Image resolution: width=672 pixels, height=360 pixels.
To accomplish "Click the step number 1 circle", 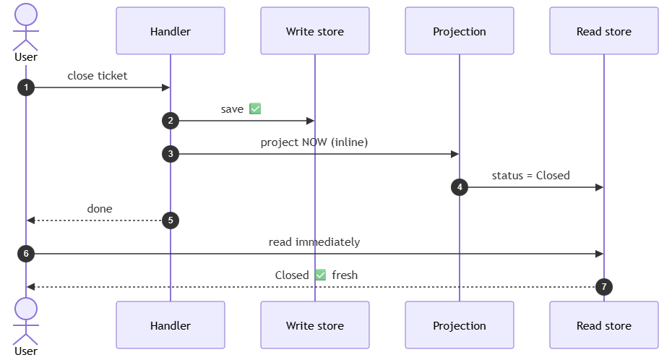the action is coord(26,87).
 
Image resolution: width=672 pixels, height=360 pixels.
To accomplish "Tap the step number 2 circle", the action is coord(171,121).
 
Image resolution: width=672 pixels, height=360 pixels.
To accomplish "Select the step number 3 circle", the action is coord(171,154).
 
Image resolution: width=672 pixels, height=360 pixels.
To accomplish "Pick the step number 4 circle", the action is coord(460,187).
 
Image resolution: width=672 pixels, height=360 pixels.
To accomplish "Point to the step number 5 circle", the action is coord(171,220).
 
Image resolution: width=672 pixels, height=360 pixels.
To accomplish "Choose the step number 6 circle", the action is coord(26,254).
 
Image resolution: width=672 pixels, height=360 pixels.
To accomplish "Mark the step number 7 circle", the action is coord(604,287).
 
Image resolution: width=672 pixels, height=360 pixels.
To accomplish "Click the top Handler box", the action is coord(171,31).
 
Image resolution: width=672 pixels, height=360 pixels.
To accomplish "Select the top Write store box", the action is coord(315,31).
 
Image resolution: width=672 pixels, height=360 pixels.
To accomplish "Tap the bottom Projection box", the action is coord(460,325).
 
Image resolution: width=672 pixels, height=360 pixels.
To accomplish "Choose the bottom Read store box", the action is coord(604,325).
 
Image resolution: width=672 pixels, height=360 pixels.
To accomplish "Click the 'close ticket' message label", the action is coord(98,76).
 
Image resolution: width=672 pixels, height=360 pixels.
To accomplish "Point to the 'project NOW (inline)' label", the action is coord(314,142).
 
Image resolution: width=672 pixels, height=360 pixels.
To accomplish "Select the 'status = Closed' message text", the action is coord(530,175).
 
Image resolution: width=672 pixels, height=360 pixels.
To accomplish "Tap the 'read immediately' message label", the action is coord(314,242).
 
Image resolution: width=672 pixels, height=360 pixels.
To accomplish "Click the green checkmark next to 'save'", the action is coord(255,109).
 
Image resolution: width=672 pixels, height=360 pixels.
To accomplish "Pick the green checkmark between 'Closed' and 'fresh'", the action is coord(320,275).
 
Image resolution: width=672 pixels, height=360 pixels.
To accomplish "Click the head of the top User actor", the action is coord(26,14).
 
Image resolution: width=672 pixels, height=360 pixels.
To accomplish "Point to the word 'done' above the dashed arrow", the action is coord(100,209).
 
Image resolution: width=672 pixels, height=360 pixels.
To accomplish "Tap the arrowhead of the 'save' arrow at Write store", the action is coord(311,121).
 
